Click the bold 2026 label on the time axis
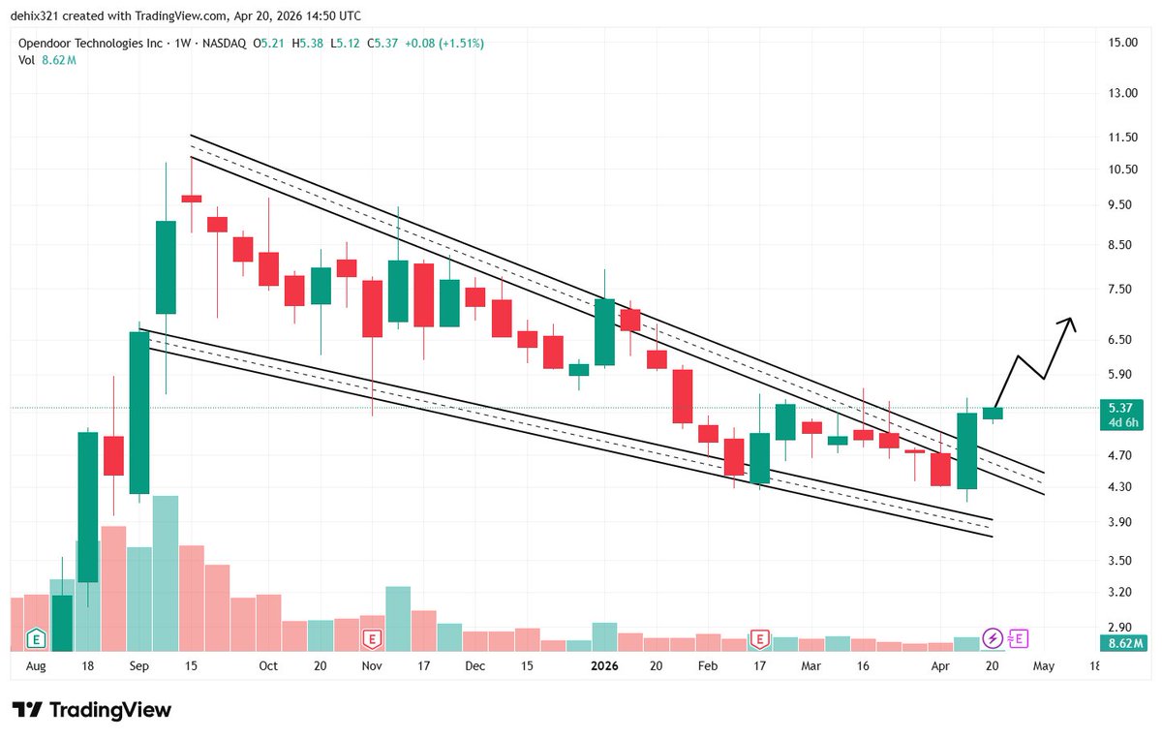604,666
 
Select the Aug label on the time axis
36,666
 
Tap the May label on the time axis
1043,666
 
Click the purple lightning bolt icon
993,638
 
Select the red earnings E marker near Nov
371,638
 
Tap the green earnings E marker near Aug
36,638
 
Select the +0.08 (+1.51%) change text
444,44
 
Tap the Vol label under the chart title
28,60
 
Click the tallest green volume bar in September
166,571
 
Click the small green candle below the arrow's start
994,414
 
